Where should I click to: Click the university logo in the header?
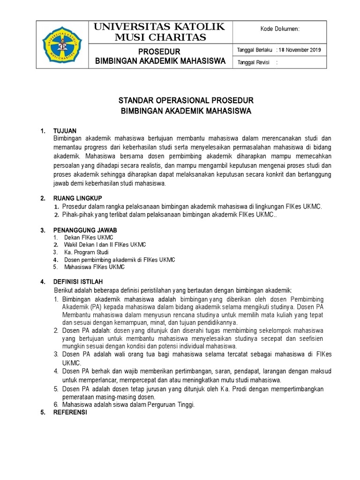click(x=62, y=45)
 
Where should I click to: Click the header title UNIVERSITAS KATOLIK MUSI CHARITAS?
click(x=160, y=32)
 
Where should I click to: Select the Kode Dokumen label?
click(x=280, y=29)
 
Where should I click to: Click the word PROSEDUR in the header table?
click(x=160, y=51)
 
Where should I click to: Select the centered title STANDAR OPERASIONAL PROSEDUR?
click(x=186, y=101)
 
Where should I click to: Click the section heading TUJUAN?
click(x=65, y=130)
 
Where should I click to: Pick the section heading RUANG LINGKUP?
click(x=78, y=198)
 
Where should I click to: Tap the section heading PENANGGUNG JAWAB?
click(x=85, y=230)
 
